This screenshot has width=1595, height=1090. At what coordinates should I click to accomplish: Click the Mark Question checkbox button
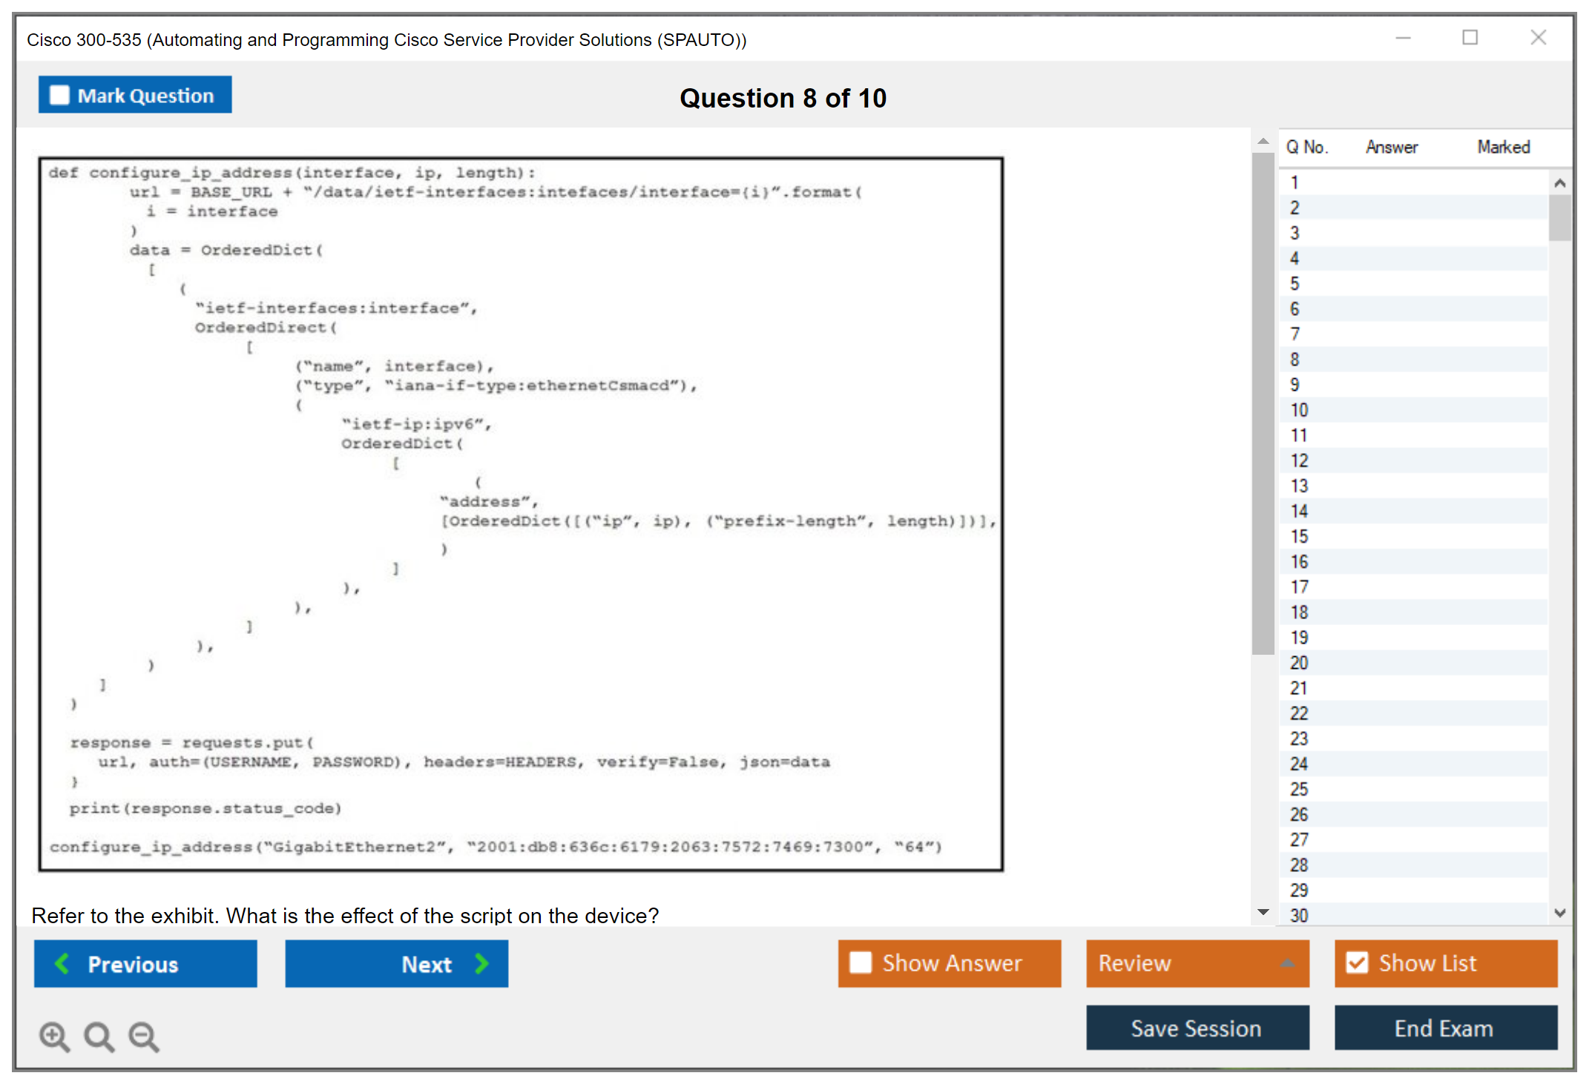(135, 95)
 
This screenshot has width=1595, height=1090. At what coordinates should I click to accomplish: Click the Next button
(397, 963)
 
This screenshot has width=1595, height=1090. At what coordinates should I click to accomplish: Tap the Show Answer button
(950, 963)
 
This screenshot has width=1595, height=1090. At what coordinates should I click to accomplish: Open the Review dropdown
(1197, 963)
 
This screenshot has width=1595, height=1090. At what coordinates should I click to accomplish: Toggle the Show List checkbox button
(1446, 963)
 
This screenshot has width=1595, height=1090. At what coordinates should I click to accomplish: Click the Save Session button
(1197, 1028)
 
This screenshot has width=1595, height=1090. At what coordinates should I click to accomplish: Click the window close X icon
(1538, 37)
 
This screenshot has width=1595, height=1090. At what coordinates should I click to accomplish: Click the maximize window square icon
(1470, 37)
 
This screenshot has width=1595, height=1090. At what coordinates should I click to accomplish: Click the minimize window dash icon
(1403, 38)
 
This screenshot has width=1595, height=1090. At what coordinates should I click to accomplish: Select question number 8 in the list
(1295, 360)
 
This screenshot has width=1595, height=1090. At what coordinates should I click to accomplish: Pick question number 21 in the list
(1298, 688)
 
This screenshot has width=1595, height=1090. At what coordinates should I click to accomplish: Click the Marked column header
(1503, 147)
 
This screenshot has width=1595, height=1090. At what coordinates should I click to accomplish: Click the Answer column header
(1391, 147)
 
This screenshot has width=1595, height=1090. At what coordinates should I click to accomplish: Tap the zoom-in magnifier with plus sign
(54, 1036)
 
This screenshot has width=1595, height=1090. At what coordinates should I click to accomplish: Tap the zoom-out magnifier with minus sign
(144, 1036)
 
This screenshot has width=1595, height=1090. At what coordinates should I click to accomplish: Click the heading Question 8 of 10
(783, 98)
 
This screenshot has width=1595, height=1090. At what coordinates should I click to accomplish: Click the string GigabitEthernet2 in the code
(355, 847)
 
